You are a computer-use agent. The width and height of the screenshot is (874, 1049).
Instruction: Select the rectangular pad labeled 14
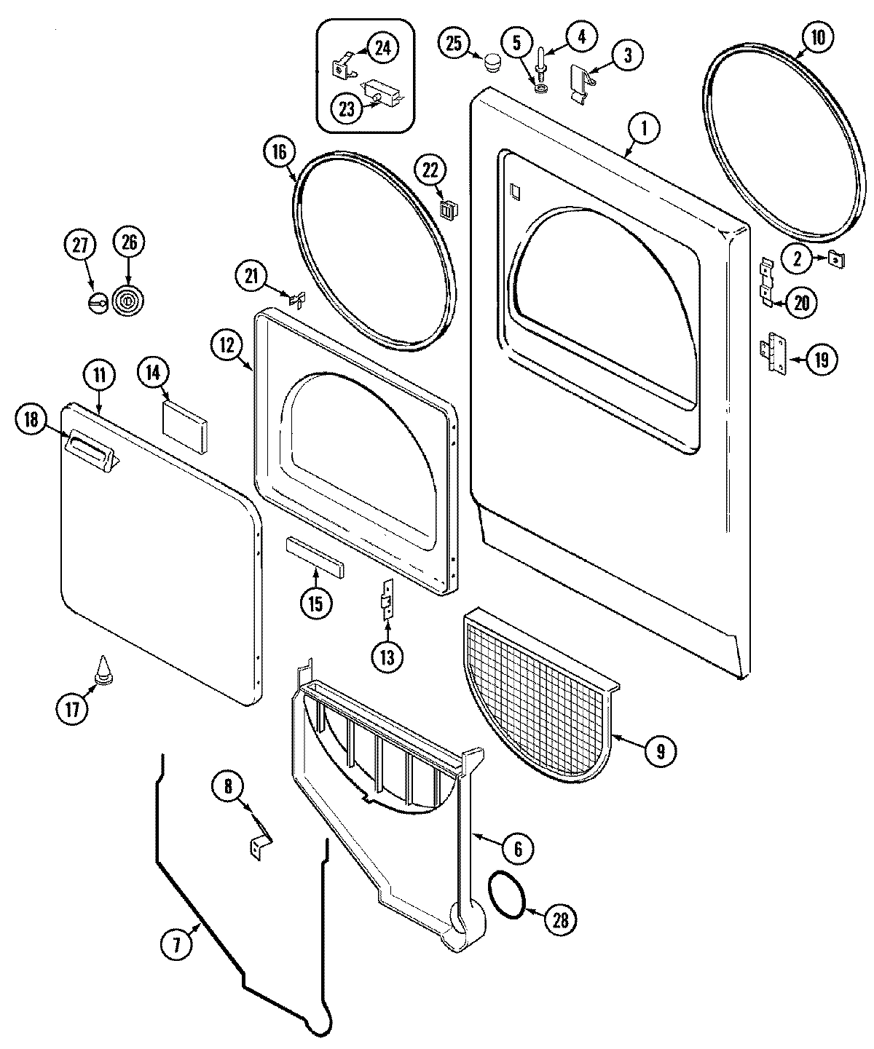(x=185, y=421)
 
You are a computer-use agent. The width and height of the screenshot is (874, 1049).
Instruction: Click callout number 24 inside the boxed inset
(x=382, y=48)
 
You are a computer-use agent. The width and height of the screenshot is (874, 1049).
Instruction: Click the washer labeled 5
(x=541, y=88)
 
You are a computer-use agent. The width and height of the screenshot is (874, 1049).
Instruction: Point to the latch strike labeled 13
(x=388, y=598)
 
